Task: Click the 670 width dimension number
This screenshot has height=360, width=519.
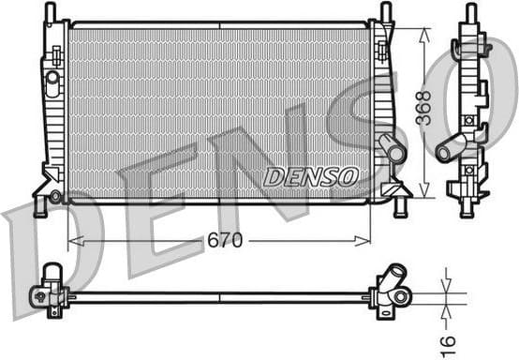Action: [225, 241]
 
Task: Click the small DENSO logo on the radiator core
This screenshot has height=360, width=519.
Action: [311, 177]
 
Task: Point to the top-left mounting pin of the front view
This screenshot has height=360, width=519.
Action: [50, 11]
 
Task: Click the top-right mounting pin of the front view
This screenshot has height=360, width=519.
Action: [385, 11]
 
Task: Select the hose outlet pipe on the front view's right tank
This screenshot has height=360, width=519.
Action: [391, 148]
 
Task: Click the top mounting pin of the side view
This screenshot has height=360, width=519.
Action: [469, 13]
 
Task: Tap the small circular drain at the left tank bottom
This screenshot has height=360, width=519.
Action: [56, 196]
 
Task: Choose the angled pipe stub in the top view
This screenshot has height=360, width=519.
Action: [391, 278]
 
